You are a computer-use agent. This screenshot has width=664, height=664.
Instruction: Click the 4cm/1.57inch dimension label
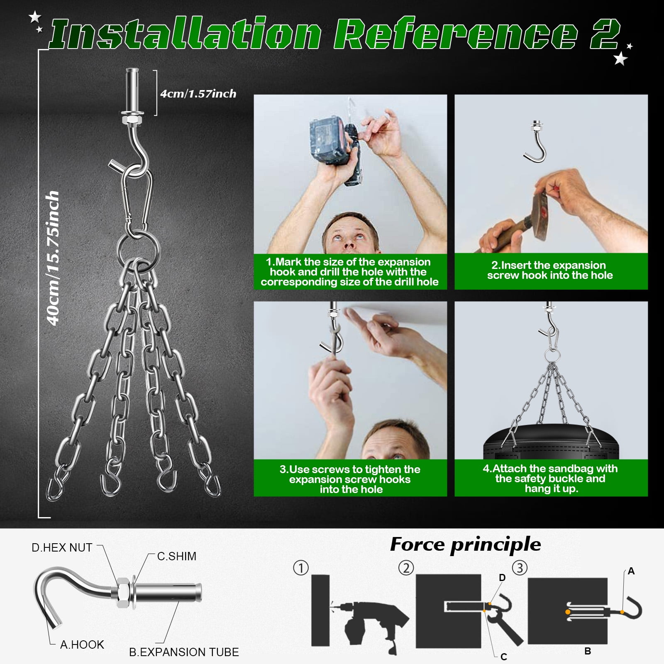pos(198,94)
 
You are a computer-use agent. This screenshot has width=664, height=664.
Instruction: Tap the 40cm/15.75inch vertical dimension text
pos(53,258)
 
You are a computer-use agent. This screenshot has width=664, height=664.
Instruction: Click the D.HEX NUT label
pos(62,548)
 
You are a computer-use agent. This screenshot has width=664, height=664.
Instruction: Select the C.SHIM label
pos(177,556)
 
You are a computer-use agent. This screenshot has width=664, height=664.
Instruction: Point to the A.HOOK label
pos(82,644)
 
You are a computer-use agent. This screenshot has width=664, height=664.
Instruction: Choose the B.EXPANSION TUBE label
pos(184,652)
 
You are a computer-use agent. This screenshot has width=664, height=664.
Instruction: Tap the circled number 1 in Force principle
pos(301,568)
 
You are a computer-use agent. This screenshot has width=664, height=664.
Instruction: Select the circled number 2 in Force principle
pos(406,568)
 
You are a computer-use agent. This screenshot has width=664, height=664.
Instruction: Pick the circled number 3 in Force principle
pos(520,568)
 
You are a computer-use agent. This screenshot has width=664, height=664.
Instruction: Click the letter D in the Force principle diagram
pos(503,578)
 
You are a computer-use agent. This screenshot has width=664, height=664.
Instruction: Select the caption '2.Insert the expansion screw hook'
pos(550,270)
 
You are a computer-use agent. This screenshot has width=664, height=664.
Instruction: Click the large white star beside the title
pos(620,59)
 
